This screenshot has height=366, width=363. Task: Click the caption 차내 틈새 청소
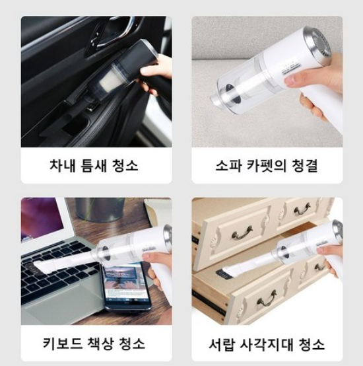[94, 166]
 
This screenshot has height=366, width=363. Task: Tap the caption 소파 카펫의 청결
[267, 166]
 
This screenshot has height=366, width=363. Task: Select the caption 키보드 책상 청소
[94, 344]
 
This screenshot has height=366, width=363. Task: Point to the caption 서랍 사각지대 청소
[267, 344]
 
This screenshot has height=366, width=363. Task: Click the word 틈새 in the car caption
[94, 166]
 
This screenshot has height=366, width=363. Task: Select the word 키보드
[63, 344]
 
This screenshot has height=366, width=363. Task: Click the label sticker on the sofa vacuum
[289, 67]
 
